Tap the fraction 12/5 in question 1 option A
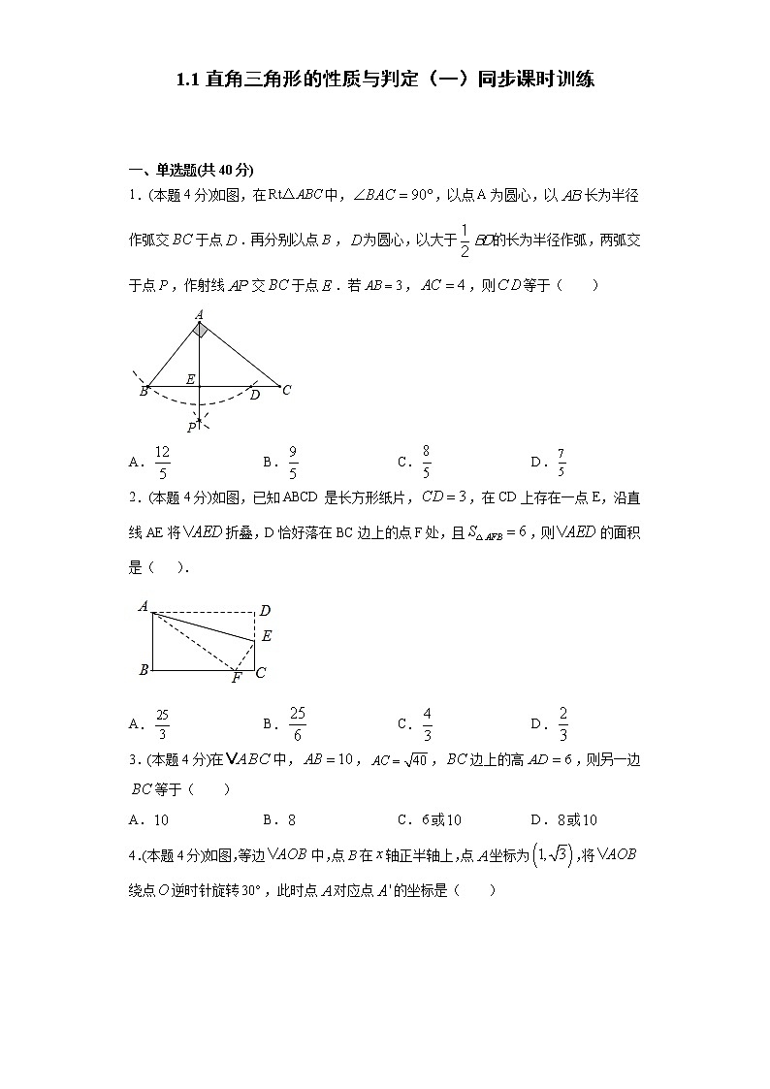click(162, 463)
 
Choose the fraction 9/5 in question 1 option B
click(293, 463)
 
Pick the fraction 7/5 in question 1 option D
click(561, 463)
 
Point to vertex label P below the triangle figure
click(192, 427)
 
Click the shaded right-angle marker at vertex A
click(199, 331)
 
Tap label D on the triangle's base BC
click(255, 395)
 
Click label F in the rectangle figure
click(236, 678)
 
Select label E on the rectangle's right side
click(267, 636)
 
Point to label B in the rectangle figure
click(144, 670)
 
